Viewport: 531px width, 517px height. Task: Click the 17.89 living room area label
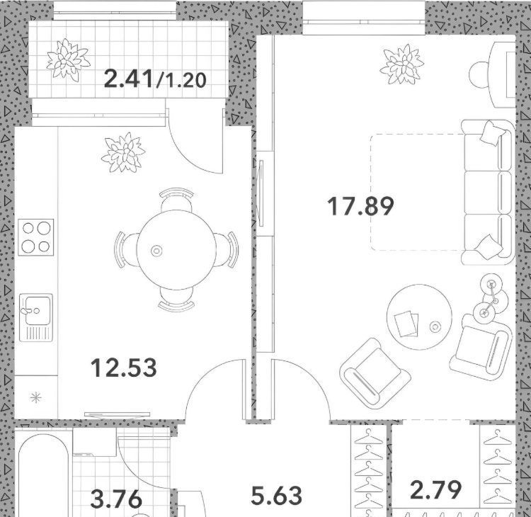(360, 205)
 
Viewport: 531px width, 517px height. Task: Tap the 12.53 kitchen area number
(124, 368)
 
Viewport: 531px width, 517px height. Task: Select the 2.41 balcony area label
(129, 79)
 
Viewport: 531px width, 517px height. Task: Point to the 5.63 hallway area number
(277, 496)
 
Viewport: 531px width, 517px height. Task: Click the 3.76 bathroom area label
(117, 499)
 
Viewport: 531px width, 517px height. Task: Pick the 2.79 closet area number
(436, 490)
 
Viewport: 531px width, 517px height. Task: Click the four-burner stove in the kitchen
(36, 237)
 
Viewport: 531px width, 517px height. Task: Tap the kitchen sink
(36, 317)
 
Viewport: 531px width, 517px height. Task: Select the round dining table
(176, 250)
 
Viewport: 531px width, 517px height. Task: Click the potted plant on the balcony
(68, 60)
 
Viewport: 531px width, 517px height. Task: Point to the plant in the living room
(402, 64)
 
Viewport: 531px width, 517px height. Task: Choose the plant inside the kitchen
(124, 152)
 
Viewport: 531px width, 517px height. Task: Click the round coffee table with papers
(419, 317)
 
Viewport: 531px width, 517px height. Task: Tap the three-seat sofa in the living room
(488, 192)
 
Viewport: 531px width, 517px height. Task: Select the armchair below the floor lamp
(481, 347)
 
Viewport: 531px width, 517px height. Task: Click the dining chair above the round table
(176, 200)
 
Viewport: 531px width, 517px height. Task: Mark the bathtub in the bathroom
(43, 475)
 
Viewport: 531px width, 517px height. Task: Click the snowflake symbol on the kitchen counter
(36, 397)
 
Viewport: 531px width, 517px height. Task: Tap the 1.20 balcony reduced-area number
(182, 81)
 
